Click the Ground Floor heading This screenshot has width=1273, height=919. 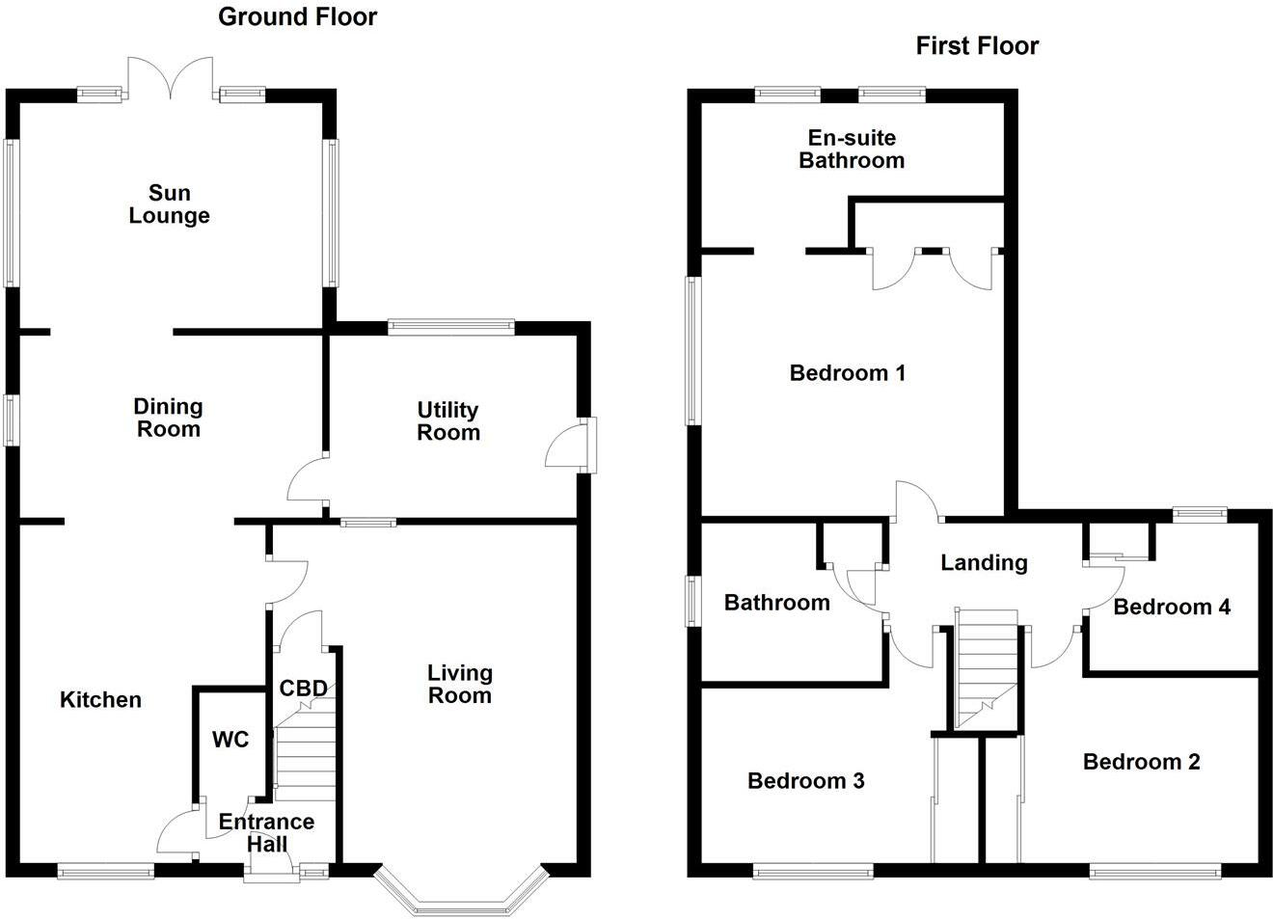[x=297, y=16]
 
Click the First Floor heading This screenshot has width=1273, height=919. [x=977, y=45]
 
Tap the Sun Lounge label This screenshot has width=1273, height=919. [x=169, y=204]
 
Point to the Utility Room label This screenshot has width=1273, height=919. [x=448, y=421]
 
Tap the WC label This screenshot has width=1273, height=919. [x=230, y=740]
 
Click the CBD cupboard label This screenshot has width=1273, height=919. [x=303, y=689]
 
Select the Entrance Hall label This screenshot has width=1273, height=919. [x=266, y=833]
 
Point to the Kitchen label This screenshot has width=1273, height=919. [x=100, y=700]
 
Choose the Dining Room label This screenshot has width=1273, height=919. [x=168, y=419]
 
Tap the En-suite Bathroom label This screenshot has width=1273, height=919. [x=852, y=149]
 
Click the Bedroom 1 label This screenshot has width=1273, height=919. [x=847, y=372]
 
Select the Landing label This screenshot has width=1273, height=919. [x=984, y=562]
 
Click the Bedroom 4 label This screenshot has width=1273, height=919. [x=1172, y=607]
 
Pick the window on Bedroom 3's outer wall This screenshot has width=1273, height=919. [x=813, y=873]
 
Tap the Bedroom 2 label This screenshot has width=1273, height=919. [x=1141, y=762]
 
